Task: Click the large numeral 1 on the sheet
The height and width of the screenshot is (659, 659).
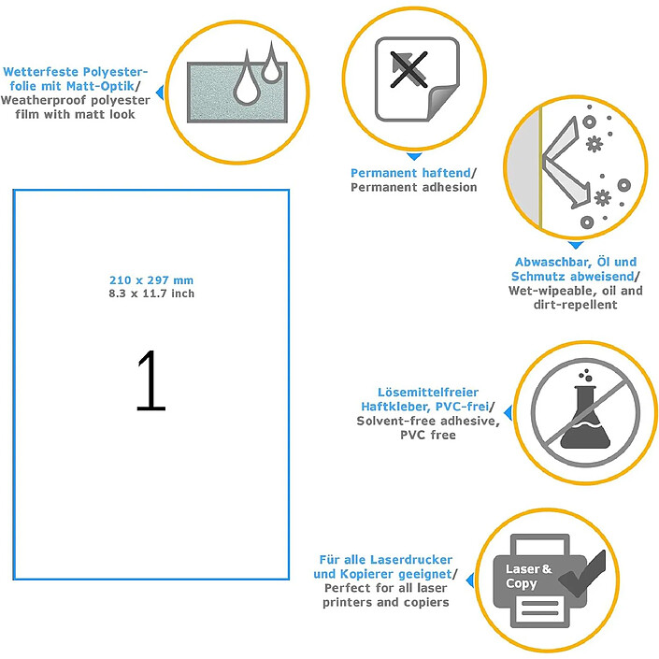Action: pyautogui.click(x=151, y=380)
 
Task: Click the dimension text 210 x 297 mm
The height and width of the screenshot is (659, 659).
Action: pyautogui.click(x=151, y=279)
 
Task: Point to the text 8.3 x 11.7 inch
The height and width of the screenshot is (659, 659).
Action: pyautogui.click(x=151, y=294)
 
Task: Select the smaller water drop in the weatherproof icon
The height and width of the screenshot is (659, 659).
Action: pyautogui.click(x=271, y=63)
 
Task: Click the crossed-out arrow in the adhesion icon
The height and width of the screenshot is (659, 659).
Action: pyautogui.click(x=408, y=69)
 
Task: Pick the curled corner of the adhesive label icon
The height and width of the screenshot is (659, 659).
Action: pyautogui.click(x=442, y=102)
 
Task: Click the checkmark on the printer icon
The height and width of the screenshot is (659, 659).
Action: pyautogui.click(x=583, y=574)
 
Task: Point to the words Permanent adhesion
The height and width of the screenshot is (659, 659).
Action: pyautogui.click(x=413, y=187)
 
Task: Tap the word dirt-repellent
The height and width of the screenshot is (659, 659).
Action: pyautogui.click(x=576, y=305)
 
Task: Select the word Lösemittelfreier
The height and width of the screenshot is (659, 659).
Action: pyautogui.click(x=428, y=392)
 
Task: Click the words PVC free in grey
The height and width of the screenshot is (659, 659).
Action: pyautogui.click(x=428, y=435)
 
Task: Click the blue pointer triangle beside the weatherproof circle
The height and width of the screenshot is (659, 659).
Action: pyautogui.click(x=160, y=93)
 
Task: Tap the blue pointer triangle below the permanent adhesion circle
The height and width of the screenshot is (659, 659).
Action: pyautogui.click(x=414, y=157)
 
